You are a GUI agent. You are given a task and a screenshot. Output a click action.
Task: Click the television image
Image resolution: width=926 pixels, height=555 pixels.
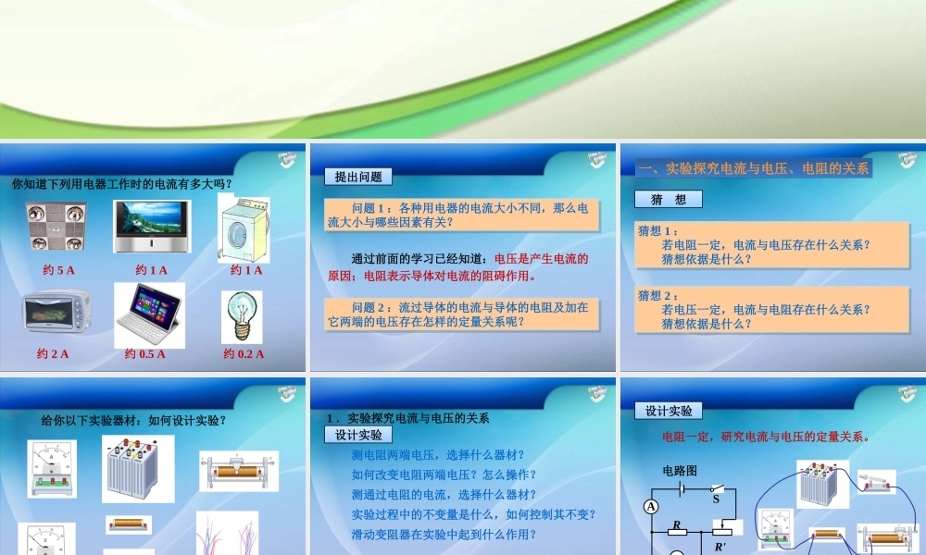[x=153, y=227]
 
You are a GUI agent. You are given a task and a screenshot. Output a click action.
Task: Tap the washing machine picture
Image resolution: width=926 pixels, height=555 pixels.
[x=244, y=228]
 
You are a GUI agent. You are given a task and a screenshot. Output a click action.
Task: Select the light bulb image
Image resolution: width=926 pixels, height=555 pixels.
[x=241, y=315]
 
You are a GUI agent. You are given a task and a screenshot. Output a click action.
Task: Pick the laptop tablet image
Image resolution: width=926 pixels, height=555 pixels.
[x=149, y=315]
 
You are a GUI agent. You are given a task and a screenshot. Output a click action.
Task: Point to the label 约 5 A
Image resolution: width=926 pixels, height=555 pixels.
[x=58, y=270]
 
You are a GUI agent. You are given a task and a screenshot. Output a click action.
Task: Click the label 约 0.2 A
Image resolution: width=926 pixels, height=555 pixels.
[x=244, y=353]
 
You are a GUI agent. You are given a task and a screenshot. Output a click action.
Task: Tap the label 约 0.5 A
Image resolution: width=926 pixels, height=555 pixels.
[x=145, y=353]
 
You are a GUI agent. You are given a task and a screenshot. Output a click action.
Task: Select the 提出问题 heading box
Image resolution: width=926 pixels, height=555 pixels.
[x=358, y=177]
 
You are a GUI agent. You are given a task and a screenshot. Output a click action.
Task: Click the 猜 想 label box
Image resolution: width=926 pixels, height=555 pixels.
[x=669, y=199]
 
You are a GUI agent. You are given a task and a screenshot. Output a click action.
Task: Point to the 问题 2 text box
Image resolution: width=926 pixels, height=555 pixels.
[x=462, y=314]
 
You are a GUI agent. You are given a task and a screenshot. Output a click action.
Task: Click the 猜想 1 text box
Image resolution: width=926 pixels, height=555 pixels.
[x=771, y=245]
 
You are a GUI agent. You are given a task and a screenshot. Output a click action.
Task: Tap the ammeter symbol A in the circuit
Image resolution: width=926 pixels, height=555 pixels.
[x=651, y=506]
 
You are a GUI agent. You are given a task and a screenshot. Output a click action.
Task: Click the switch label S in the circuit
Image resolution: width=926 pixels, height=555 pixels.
[x=716, y=499]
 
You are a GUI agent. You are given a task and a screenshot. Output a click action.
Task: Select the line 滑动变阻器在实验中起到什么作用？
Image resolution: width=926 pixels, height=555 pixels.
[x=444, y=535]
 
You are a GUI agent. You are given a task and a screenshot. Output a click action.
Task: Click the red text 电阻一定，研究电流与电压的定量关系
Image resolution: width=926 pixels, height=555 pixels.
[x=766, y=437]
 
